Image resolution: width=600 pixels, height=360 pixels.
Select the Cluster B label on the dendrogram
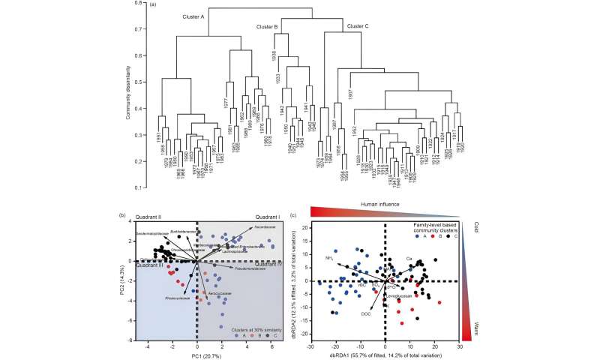click(x=267, y=28)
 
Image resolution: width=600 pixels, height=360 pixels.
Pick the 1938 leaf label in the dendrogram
click(x=275, y=58)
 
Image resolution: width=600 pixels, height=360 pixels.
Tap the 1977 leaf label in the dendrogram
click(x=225, y=103)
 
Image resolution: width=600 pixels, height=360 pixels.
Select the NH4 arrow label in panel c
click(x=328, y=258)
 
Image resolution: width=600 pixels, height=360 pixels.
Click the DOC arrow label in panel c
click(x=365, y=313)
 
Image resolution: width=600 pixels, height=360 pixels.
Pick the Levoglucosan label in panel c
click(x=398, y=296)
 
